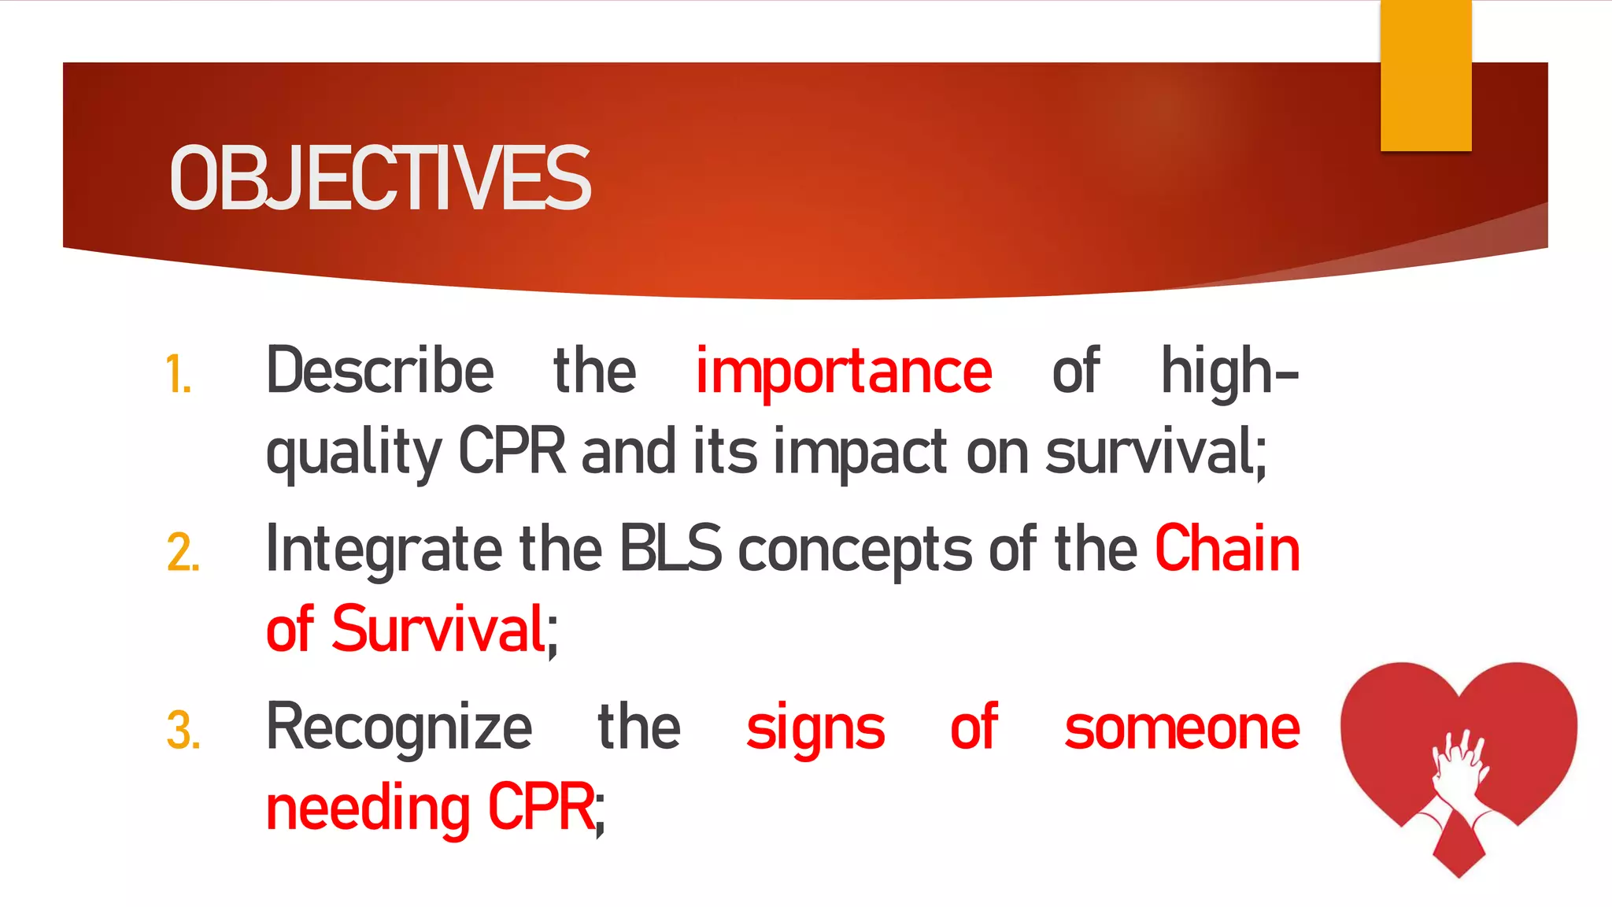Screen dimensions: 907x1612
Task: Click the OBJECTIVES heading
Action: (x=379, y=179)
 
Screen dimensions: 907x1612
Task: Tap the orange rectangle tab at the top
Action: (x=1425, y=76)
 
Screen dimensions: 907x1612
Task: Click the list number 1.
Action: (x=179, y=375)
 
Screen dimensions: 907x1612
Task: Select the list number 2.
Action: (x=183, y=553)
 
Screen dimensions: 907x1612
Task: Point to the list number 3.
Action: (x=183, y=731)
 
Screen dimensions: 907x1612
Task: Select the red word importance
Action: (x=843, y=372)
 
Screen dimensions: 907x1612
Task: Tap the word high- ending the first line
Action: (x=1229, y=372)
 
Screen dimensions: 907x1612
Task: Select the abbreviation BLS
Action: (x=670, y=549)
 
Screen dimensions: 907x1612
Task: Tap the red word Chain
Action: (x=1226, y=549)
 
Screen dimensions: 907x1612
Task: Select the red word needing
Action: (x=368, y=809)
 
